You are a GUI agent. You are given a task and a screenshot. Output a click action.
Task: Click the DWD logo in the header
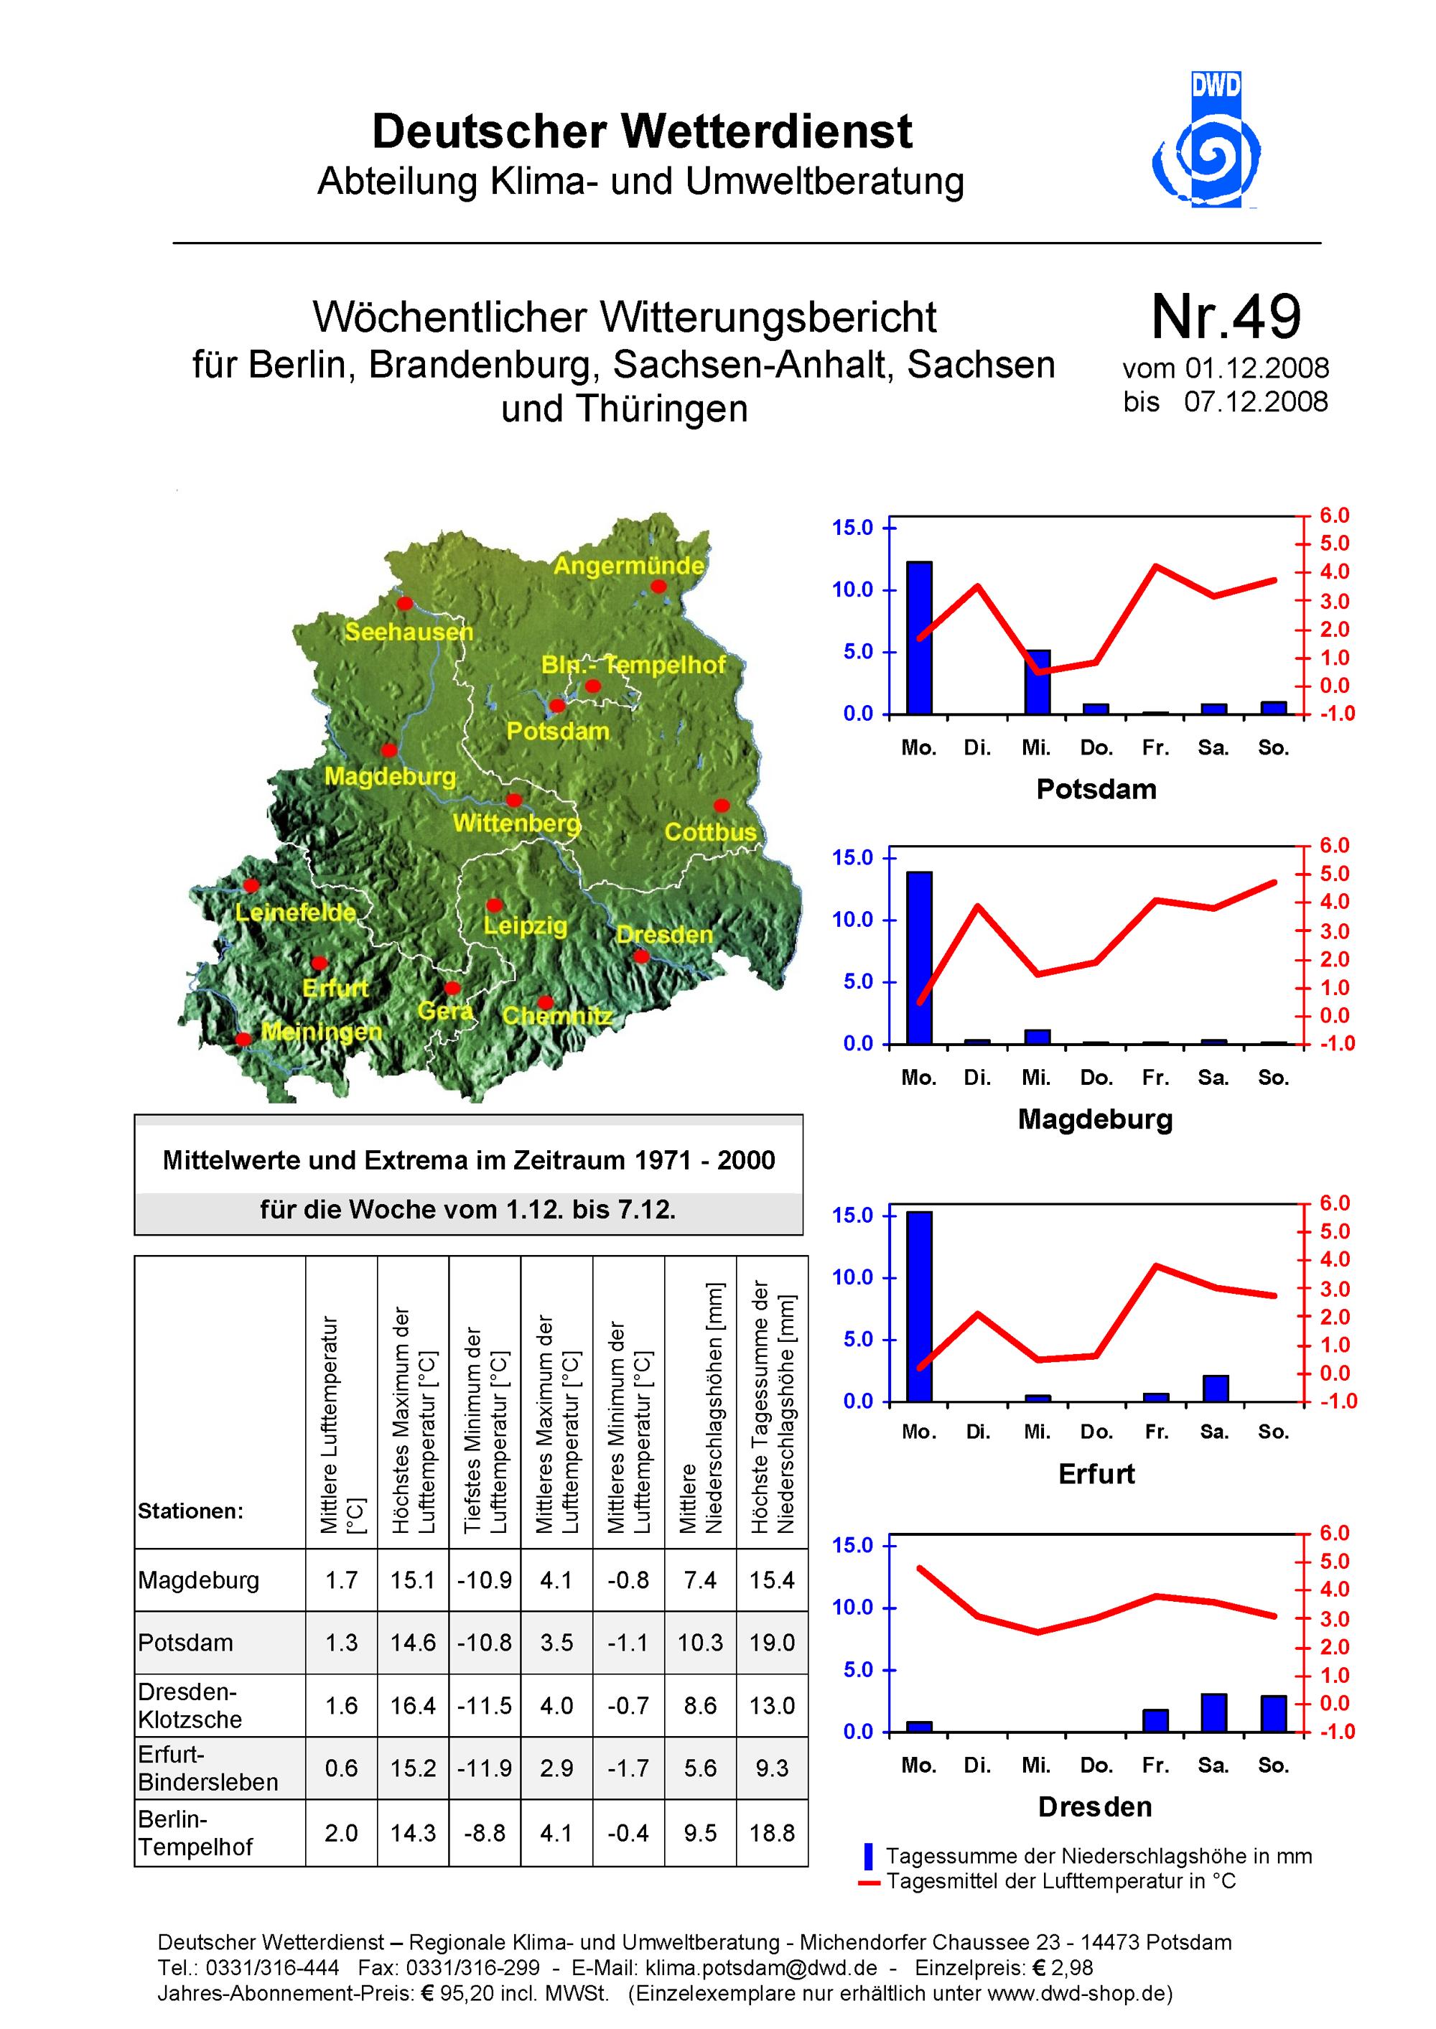pos(1207,140)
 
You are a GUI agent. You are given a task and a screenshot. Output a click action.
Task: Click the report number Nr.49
pos(1226,317)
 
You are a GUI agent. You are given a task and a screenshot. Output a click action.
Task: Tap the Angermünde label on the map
pos(629,566)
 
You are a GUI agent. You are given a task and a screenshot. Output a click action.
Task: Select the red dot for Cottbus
pos(722,806)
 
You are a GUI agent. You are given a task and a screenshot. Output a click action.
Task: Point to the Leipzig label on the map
pos(526,925)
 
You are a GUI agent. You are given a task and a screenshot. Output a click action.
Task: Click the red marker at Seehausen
pos(405,604)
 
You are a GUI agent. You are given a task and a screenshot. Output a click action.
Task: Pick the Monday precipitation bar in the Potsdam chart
pos(919,638)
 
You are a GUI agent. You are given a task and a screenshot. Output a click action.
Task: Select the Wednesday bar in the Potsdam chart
pos(1038,681)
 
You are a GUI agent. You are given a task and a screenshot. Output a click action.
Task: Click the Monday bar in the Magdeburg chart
pos(919,958)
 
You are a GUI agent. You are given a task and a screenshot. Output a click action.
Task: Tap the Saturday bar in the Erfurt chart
pos(1215,1388)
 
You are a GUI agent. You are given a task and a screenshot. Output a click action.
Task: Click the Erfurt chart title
pos(1096,1474)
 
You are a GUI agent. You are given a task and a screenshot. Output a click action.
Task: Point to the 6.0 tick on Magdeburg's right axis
pos(1334,845)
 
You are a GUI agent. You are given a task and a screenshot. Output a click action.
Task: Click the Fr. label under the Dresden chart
pos(1155,1765)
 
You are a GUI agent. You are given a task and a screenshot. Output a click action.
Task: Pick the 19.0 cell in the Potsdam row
pos(772,1643)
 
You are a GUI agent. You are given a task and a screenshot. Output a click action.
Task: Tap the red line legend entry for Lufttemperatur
pos(1047,1880)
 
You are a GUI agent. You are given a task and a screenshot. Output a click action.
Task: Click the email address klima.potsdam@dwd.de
pos(761,1968)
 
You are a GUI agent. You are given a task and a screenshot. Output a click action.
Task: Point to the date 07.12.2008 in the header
pos(1256,401)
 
